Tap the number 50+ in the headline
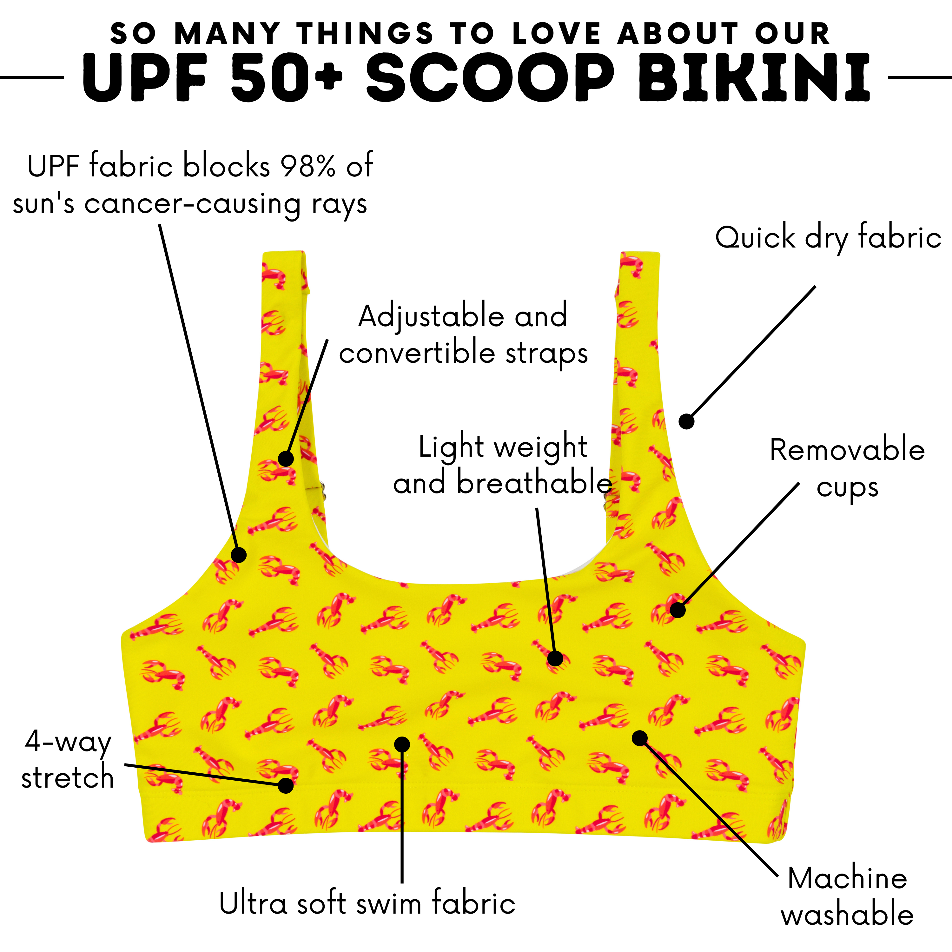286,78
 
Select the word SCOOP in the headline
490,78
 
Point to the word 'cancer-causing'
192,203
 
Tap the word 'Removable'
847,450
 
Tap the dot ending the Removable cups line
678,610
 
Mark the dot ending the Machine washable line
640,738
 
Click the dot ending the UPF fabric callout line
239,555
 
